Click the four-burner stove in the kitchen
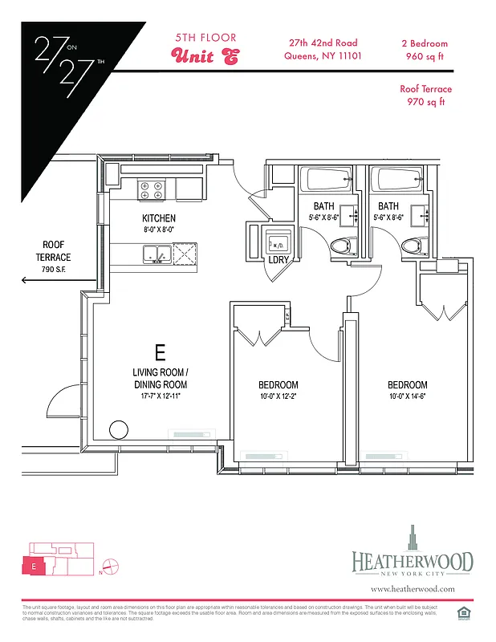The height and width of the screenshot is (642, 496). pyautogui.click(x=150, y=189)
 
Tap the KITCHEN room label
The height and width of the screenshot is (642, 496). pyautogui.click(x=159, y=218)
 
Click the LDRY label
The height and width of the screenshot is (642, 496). pyautogui.click(x=279, y=260)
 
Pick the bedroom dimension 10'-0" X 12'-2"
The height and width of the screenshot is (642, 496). pyautogui.click(x=279, y=396)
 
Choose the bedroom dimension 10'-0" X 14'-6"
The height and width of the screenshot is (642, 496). pyautogui.click(x=407, y=396)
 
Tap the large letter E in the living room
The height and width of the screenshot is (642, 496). pyautogui.click(x=160, y=351)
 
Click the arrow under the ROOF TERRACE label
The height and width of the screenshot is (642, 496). pyautogui.click(x=58, y=281)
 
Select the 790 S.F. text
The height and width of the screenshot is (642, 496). pyautogui.click(x=57, y=269)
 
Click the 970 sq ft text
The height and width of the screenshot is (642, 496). pyautogui.click(x=426, y=102)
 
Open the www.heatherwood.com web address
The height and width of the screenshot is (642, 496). pyautogui.click(x=413, y=588)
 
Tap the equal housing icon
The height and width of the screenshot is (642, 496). pyautogui.click(x=461, y=614)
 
